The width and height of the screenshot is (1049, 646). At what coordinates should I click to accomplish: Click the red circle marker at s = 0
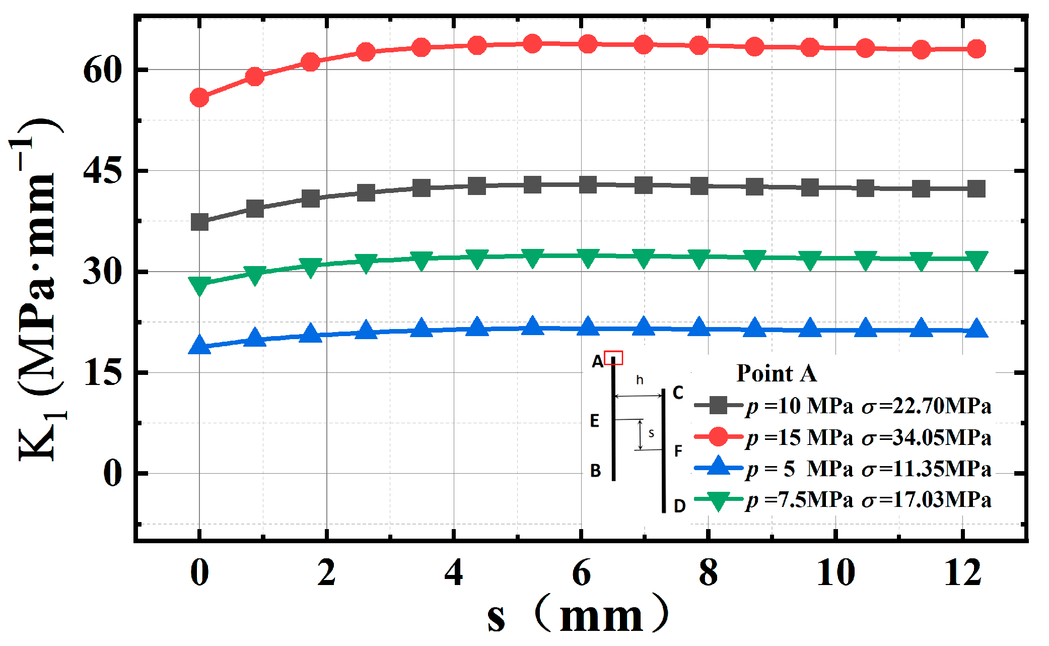click(x=199, y=97)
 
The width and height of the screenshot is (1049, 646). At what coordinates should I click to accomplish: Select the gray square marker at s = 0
click(x=199, y=222)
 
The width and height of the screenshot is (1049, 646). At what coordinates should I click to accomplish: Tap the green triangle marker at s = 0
click(x=199, y=285)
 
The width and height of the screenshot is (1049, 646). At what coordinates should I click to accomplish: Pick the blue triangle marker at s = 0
click(x=199, y=346)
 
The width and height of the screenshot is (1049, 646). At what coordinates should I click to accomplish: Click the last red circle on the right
click(x=976, y=49)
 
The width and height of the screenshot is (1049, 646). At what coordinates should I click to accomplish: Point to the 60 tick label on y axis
click(x=102, y=70)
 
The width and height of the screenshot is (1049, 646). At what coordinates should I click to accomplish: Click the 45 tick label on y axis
click(x=102, y=171)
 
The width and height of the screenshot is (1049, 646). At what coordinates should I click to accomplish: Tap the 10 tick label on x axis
click(x=835, y=573)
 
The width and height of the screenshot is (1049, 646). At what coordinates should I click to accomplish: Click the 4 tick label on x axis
click(x=454, y=573)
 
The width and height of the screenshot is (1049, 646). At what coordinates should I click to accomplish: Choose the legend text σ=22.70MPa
click(x=927, y=406)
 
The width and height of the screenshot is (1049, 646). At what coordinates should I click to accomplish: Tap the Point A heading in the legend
click(x=777, y=373)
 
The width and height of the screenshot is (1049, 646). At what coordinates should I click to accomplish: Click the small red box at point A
click(x=613, y=358)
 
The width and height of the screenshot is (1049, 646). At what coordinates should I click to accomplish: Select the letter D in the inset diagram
click(x=679, y=505)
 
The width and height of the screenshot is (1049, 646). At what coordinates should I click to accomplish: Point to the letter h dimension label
click(x=640, y=380)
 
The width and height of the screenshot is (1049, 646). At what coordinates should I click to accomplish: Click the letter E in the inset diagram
click(x=595, y=421)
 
